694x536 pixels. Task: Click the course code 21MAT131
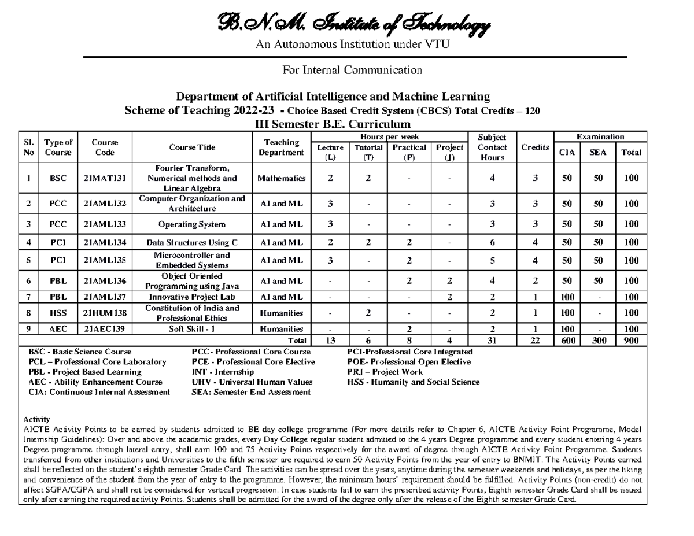pyautogui.click(x=105, y=178)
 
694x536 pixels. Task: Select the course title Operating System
pyautogui.click(x=192, y=224)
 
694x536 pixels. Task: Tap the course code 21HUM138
pyautogui.click(x=105, y=313)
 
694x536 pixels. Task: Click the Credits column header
pyautogui.click(x=535, y=147)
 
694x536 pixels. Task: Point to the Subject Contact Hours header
pyautogui.click(x=492, y=147)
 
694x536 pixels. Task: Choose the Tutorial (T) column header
pyautogui.click(x=368, y=152)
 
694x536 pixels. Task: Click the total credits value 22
pyautogui.click(x=535, y=341)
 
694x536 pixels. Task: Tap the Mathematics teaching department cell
pyautogui.click(x=282, y=178)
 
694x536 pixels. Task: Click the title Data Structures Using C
pyautogui.click(x=192, y=242)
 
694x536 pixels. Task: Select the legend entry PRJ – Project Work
pyautogui.click(x=385, y=372)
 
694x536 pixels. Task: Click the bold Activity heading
pyautogui.click(x=36, y=419)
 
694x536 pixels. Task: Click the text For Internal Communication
pyautogui.click(x=352, y=71)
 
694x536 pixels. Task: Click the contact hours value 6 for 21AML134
pyautogui.click(x=492, y=242)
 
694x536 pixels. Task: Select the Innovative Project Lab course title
pyautogui.click(x=192, y=297)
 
